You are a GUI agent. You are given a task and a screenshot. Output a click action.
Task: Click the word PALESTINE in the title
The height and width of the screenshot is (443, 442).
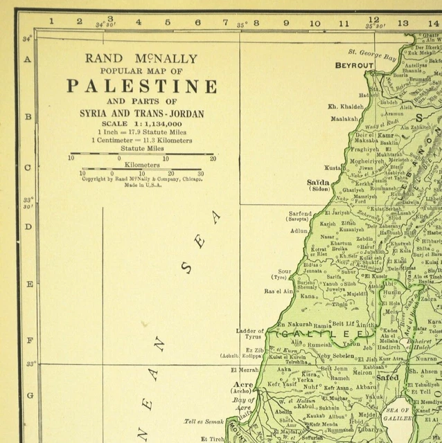coord(141,87)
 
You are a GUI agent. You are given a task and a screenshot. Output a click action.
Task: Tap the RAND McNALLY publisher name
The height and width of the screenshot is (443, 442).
coord(141,59)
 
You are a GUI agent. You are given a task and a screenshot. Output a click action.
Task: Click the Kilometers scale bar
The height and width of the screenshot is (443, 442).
coord(141,168)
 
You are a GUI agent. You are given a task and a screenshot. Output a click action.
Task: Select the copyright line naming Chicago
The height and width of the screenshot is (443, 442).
coord(142,179)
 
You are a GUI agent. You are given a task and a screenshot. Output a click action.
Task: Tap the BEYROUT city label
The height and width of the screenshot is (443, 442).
coord(354,65)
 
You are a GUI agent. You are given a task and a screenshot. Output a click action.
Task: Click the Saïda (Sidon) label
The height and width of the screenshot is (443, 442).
coord(319,185)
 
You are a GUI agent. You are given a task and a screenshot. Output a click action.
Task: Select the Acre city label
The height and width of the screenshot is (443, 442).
coord(243,384)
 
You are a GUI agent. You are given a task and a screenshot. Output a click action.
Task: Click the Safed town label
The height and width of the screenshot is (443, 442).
coord(387,378)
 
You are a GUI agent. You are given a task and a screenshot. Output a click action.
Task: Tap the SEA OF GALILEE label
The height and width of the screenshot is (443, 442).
coord(398,415)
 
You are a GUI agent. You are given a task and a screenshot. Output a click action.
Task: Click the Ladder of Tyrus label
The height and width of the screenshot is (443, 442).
coord(250,334)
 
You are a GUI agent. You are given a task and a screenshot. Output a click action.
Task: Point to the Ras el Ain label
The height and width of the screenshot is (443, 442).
coord(278,291)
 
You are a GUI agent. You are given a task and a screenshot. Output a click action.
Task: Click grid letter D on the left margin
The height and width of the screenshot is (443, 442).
coord(28,226)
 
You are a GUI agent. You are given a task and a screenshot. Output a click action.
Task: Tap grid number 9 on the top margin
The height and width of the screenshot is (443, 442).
coord(285,22)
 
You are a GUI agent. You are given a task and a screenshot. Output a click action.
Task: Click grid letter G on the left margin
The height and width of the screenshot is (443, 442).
coord(28,396)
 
